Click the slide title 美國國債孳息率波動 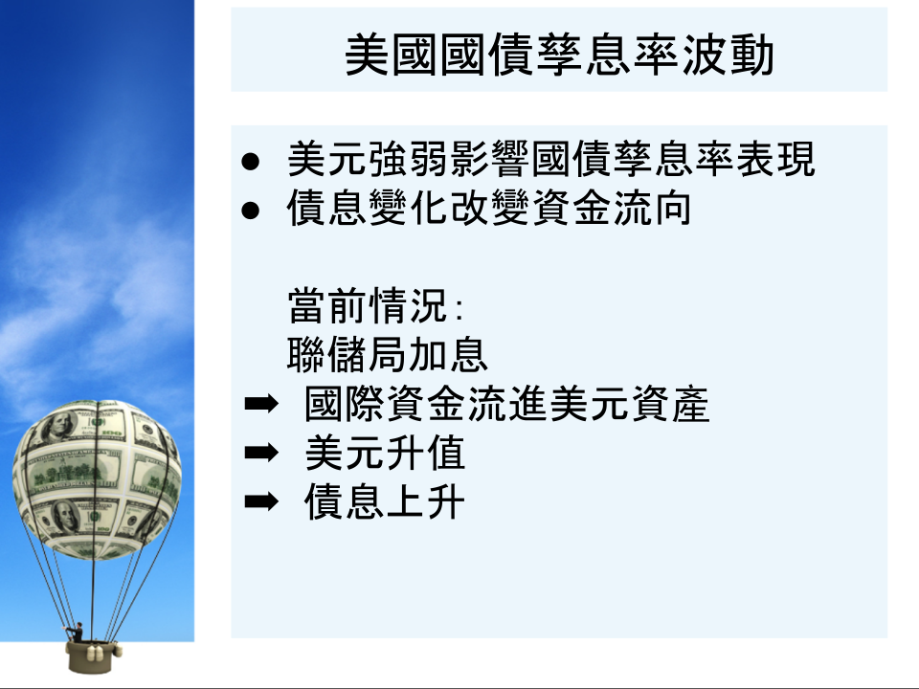(559, 55)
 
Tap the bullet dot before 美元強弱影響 (250, 161)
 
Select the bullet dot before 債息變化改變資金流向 (250, 211)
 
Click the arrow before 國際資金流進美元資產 (261, 404)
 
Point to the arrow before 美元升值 (261, 453)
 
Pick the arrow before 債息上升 (261, 501)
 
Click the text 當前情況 (368, 306)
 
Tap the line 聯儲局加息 (388, 354)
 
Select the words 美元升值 (385, 453)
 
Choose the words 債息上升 (385, 501)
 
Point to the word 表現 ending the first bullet (775, 159)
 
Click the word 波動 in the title (728, 55)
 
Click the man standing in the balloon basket (77, 633)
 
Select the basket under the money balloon (92, 656)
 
